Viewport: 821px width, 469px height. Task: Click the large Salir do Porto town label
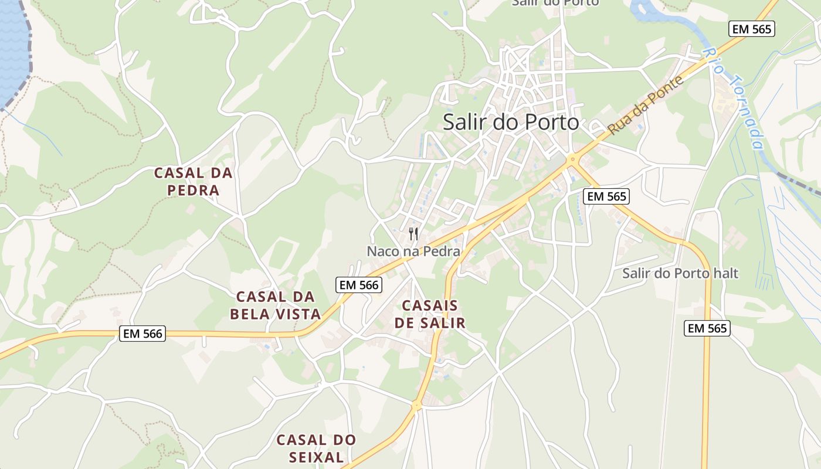coord(511,122)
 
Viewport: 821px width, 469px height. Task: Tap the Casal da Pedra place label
coord(194,182)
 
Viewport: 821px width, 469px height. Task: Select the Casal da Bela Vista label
coord(275,305)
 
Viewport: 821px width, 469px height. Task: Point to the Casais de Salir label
coord(430,314)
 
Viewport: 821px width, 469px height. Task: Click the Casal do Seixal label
coord(316,448)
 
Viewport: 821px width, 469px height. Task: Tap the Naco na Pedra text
coord(413,252)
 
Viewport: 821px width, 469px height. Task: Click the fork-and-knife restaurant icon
coord(414,234)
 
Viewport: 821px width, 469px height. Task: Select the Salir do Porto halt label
coord(680,273)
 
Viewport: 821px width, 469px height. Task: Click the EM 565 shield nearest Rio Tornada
coord(752,29)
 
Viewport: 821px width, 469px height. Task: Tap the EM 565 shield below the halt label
coord(707,328)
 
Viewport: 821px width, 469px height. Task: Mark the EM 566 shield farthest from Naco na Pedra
coord(143,334)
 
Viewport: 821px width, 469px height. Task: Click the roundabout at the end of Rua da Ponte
coord(572,159)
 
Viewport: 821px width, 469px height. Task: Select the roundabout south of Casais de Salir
coord(416,405)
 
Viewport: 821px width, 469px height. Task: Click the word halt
coord(724,273)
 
